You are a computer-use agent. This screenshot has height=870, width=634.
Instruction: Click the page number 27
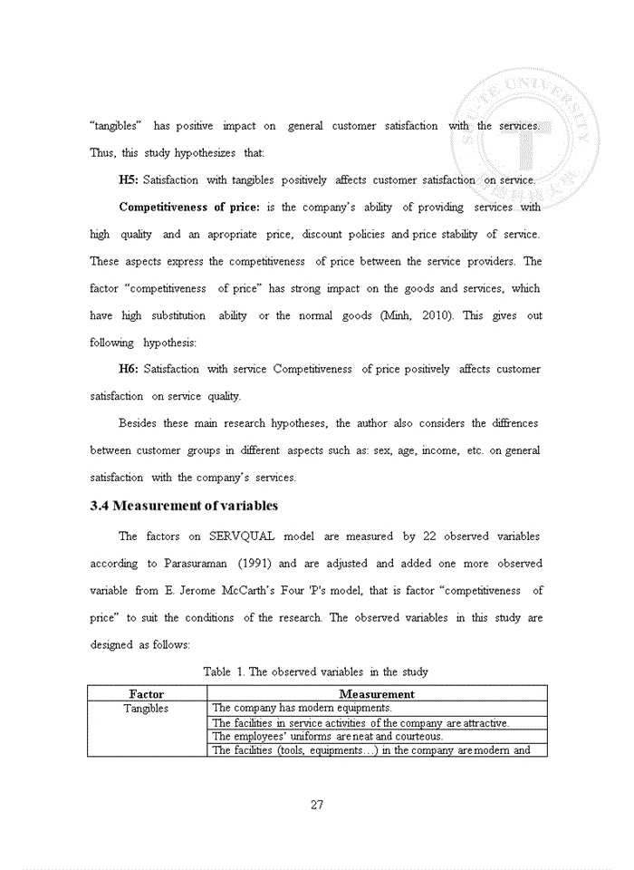click(x=317, y=805)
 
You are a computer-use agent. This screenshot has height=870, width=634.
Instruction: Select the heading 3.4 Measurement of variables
click(x=184, y=506)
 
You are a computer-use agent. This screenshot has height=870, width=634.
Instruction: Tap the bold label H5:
click(x=129, y=180)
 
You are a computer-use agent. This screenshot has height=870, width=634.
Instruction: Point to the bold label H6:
click(x=129, y=369)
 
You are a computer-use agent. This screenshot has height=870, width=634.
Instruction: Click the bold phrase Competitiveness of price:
click(x=188, y=208)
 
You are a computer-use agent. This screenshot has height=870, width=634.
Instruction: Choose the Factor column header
click(x=147, y=694)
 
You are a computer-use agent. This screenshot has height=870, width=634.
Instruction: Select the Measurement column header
click(x=377, y=694)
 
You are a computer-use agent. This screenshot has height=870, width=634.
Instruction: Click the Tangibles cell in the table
click(x=147, y=709)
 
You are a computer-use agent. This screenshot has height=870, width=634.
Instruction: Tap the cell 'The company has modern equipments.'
click(x=302, y=708)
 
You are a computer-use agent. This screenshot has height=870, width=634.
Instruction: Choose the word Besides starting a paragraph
click(x=139, y=423)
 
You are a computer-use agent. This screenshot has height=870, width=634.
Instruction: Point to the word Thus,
click(x=102, y=153)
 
